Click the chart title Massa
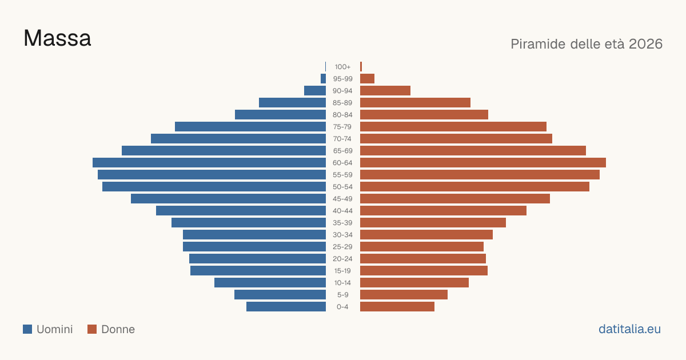57,38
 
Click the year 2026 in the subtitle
645,44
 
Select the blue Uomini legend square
27,329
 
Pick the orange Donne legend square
92,329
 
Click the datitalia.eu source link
629,329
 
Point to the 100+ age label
342,67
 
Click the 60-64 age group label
342,162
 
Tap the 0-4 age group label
342,307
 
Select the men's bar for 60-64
209,162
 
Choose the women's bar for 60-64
483,162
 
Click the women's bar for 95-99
367,79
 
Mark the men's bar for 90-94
315,91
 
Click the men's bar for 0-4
286,307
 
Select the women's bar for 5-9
404,295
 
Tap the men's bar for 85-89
293,102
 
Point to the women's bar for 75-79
453,127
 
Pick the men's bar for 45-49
229,199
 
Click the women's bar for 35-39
433,222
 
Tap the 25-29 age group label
342,247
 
